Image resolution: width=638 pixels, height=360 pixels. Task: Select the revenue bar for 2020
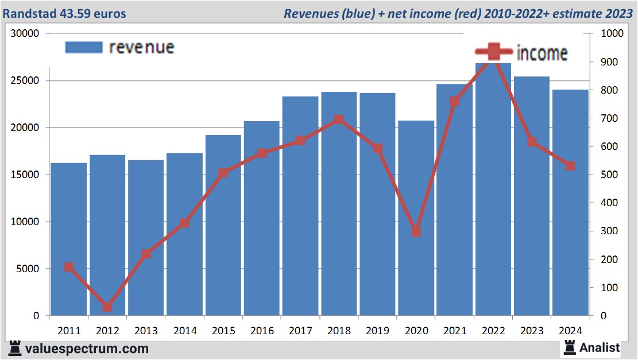(416, 218)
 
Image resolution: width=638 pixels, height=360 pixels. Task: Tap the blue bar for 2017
(300, 206)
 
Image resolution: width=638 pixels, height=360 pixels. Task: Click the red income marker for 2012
(107, 307)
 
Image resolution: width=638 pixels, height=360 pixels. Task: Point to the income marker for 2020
(416, 232)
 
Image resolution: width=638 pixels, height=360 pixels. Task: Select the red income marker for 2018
(339, 119)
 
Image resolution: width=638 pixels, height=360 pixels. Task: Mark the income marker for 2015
(223, 172)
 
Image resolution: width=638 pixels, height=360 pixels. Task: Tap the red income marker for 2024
(570, 166)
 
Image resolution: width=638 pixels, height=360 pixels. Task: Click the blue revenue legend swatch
(84, 47)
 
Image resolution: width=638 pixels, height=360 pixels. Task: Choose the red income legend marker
(493, 52)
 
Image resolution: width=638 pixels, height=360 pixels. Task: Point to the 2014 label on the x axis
(185, 331)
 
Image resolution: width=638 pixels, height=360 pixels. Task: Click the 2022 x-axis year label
(493, 331)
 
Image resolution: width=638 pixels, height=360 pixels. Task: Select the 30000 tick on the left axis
(25, 33)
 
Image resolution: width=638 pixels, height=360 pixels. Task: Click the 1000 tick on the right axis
(611, 33)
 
